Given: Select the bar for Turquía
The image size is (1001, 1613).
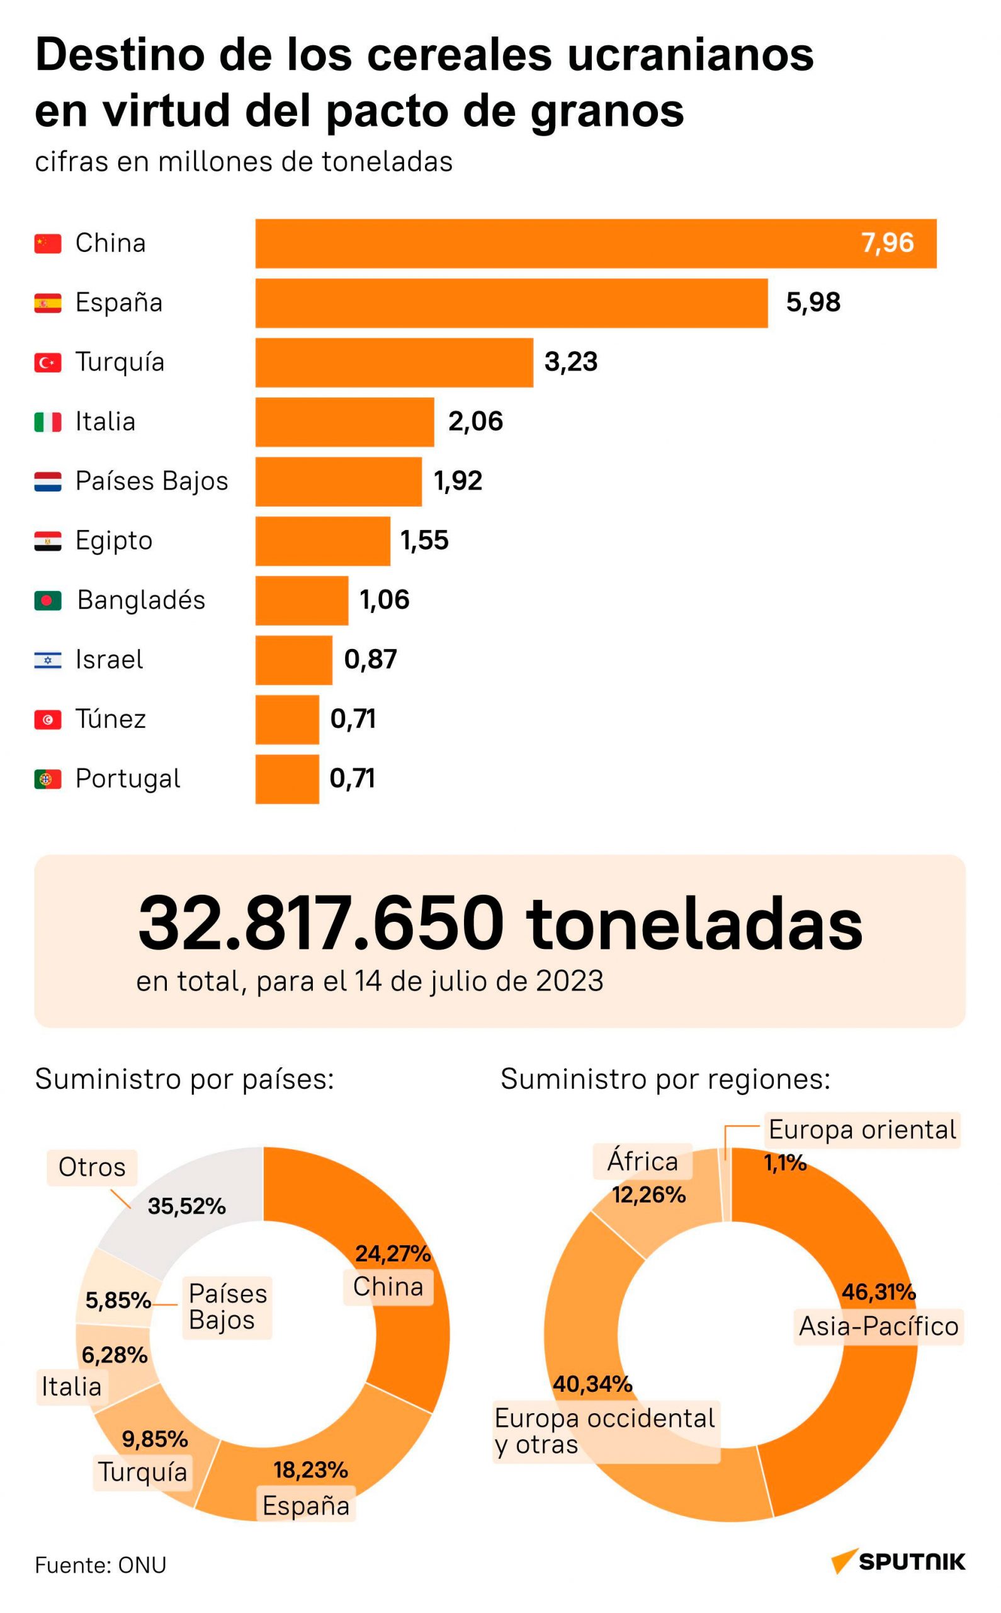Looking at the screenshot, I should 394,362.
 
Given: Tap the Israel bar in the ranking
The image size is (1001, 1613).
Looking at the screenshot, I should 293,660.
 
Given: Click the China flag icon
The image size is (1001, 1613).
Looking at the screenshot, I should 48,243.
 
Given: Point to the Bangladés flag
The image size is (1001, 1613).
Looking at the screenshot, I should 48,601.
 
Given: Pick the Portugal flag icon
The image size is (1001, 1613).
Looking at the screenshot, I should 48,779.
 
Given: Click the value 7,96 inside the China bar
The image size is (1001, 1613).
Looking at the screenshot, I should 887,243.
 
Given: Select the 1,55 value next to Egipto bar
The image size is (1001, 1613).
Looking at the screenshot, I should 424,541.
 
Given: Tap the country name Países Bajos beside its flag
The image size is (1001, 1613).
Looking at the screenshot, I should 152,481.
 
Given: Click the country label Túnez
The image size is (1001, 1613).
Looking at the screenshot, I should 111,719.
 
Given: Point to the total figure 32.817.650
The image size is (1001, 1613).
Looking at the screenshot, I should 320,924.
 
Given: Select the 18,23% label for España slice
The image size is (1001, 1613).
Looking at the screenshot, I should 310,1470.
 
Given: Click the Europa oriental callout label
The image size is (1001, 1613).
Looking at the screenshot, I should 862,1130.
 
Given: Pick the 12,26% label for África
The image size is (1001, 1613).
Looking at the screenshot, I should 648,1195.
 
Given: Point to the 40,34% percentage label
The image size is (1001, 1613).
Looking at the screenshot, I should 592,1384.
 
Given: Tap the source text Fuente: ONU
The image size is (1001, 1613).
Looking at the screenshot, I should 101,1565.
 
